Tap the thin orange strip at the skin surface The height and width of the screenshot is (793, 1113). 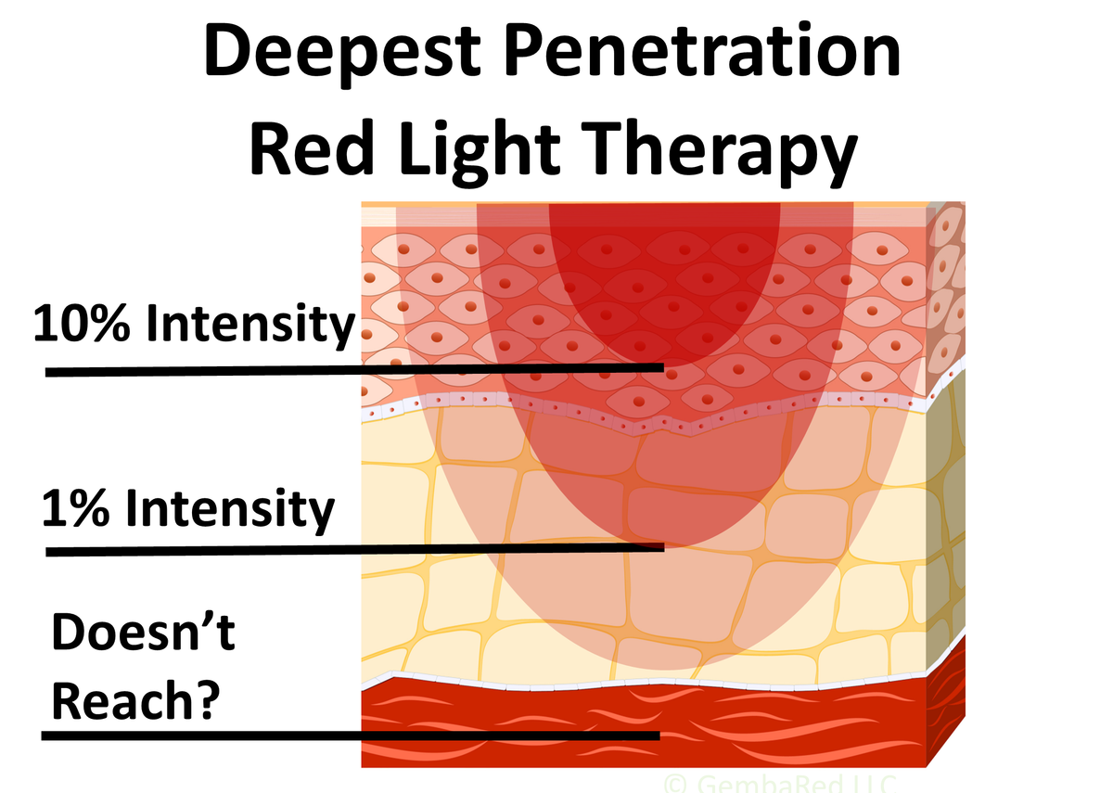pos(649,204)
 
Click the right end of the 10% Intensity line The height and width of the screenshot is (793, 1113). pos(660,367)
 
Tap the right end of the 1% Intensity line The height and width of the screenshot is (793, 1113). pos(660,547)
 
